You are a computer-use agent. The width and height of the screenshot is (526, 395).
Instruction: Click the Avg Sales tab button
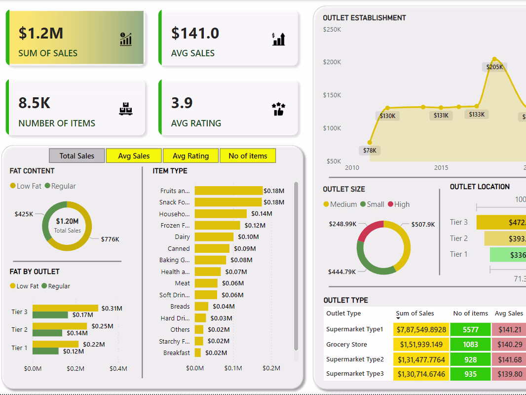click(134, 156)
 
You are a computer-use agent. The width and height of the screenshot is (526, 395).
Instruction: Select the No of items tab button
click(248, 156)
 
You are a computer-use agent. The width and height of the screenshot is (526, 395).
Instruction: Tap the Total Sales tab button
click(77, 156)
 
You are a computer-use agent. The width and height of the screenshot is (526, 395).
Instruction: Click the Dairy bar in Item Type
click(214, 237)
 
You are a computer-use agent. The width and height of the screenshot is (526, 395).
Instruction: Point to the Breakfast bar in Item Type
click(198, 353)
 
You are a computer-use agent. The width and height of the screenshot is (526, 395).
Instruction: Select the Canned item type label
click(179, 249)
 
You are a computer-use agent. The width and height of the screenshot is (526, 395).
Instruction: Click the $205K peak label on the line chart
click(494, 67)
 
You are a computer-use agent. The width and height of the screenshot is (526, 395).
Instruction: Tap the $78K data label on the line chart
click(370, 151)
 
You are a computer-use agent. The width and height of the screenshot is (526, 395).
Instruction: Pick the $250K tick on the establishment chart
click(332, 30)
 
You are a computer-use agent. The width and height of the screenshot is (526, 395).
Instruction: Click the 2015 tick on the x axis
click(441, 168)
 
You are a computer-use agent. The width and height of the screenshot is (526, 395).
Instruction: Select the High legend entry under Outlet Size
click(398, 204)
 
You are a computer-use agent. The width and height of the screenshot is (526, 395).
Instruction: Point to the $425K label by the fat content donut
click(24, 214)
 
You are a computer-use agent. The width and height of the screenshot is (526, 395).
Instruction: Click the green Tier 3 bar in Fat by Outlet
click(50, 315)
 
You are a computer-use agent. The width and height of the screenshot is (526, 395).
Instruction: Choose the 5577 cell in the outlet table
click(470, 329)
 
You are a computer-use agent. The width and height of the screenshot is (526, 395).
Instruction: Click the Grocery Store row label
click(346, 345)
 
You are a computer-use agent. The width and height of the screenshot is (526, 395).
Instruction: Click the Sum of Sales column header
click(415, 314)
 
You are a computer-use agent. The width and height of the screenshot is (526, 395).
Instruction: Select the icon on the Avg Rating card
click(278, 109)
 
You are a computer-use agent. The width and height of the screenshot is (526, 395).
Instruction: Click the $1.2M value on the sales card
click(41, 33)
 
